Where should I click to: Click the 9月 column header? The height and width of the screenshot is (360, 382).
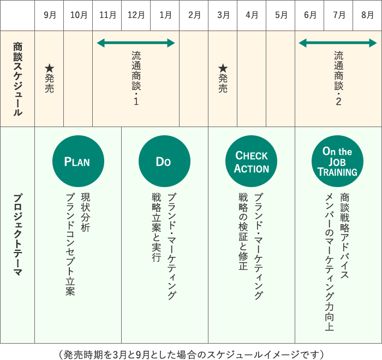pyautogui.click(x=50, y=15)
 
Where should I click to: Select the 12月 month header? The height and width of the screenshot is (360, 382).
pyautogui.click(x=136, y=15)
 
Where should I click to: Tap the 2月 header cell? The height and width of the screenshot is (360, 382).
pyautogui.click(x=194, y=15)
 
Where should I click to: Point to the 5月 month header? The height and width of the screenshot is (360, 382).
pyautogui.click(x=281, y=15)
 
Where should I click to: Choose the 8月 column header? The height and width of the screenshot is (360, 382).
pyautogui.click(x=367, y=15)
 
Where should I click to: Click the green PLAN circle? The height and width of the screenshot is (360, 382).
pyautogui.click(x=78, y=161)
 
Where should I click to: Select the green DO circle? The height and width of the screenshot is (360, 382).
pyautogui.click(x=164, y=161)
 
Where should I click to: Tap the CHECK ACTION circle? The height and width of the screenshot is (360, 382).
pyautogui.click(x=251, y=161)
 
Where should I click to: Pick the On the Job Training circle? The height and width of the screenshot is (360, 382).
pyautogui.click(x=337, y=161)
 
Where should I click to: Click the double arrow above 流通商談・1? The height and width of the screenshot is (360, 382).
pyautogui.click(x=136, y=43)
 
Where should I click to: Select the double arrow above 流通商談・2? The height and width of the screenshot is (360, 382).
pyautogui.click(x=338, y=43)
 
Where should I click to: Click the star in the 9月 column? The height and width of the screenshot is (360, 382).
pyautogui.click(x=50, y=68)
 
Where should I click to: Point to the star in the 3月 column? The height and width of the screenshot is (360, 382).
pyautogui.click(x=223, y=68)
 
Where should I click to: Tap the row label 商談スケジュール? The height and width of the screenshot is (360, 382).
pyautogui.click(x=18, y=79)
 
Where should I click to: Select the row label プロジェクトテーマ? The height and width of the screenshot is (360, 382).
pyautogui.click(x=18, y=235)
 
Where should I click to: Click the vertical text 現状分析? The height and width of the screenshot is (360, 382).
pyautogui.click(x=86, y=212)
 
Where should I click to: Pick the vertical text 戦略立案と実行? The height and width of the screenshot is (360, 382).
pyautogui.click(x=157, y=227)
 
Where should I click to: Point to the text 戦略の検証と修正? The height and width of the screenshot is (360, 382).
pyautogui.click(x=243, y=231)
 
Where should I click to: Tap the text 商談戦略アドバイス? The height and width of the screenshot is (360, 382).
pyautogui.click(x=344, y=236)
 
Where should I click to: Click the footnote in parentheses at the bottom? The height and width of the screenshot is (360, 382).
pyautogui.click(x=191, y=355)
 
